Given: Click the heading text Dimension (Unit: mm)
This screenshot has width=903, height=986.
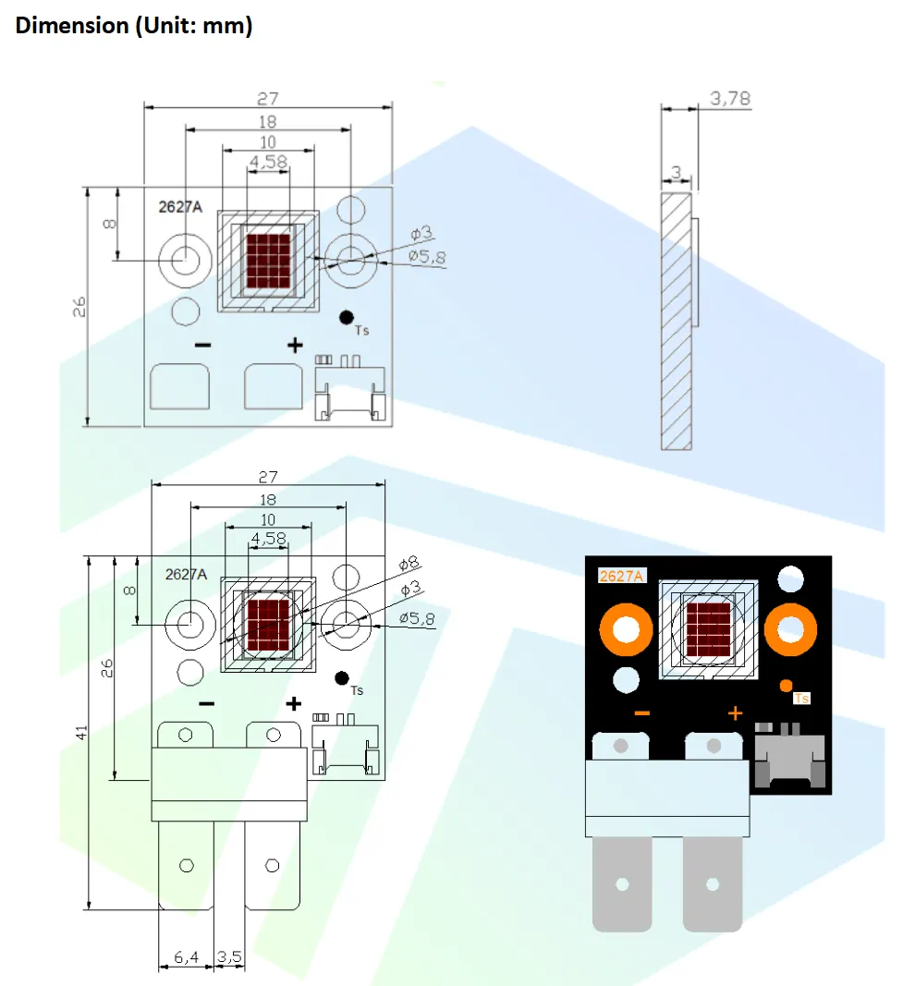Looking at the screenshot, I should point(134,26).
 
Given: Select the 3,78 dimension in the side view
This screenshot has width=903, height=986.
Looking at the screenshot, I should point(729,98).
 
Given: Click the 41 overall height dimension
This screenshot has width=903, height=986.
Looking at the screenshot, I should point(81,732).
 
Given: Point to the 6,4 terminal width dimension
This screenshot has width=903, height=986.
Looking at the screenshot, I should point(186,958).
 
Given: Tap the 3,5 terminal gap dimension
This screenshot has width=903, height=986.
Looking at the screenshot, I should point(228,958).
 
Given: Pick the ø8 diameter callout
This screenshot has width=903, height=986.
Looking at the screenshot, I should point(409,563).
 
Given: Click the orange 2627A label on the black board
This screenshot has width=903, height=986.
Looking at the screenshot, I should point(621,576).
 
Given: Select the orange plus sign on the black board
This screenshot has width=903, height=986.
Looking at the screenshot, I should point(736,712).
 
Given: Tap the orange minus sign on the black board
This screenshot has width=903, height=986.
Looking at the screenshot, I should point(641,713).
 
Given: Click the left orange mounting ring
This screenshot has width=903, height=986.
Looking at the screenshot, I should point(625,630).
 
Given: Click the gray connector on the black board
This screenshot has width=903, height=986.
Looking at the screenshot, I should point(790,755).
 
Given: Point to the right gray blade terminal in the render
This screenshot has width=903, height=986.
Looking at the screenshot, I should point(713,883).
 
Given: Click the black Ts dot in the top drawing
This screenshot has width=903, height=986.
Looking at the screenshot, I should point(347,317).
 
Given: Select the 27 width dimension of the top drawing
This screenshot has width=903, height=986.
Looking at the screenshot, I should point(267,98).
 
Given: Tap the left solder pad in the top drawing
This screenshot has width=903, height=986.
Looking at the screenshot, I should point(180,386).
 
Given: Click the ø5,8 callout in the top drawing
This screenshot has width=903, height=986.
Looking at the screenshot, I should point(426,258).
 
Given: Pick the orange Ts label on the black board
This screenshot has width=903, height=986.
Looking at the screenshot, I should point(802,699).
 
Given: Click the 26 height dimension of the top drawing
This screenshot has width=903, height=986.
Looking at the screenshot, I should point(79,307).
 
